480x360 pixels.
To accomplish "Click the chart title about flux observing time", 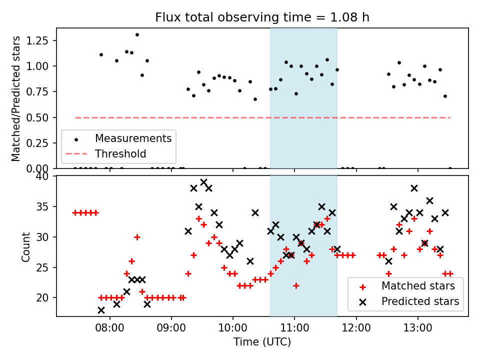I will (262, 17).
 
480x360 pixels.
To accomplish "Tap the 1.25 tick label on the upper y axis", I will (40, 40).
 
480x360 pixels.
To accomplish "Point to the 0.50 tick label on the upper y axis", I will (40, 117).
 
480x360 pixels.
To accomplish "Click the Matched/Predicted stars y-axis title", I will (16, 98).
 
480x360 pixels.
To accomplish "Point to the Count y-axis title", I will (25, 246).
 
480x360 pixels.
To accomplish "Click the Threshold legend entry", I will (120, 153).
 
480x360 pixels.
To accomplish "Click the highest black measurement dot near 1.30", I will (137, 35).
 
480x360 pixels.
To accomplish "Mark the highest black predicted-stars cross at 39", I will (203, 182).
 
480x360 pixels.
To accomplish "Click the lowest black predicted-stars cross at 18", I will (101, 310).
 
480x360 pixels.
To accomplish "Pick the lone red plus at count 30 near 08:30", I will (137, 237).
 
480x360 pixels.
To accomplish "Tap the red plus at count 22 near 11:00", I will (296, 285).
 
